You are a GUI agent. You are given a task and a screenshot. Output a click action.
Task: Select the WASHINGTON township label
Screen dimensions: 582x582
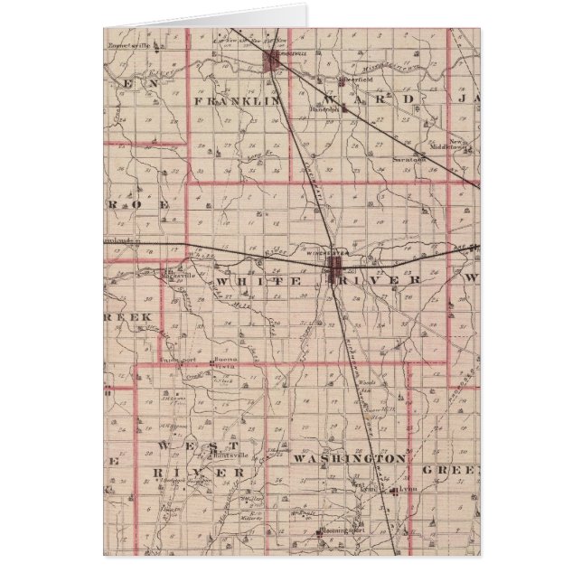click(x=349, y=459)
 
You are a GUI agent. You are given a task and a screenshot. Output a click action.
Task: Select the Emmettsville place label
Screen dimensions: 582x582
click(x=126, y=43)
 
